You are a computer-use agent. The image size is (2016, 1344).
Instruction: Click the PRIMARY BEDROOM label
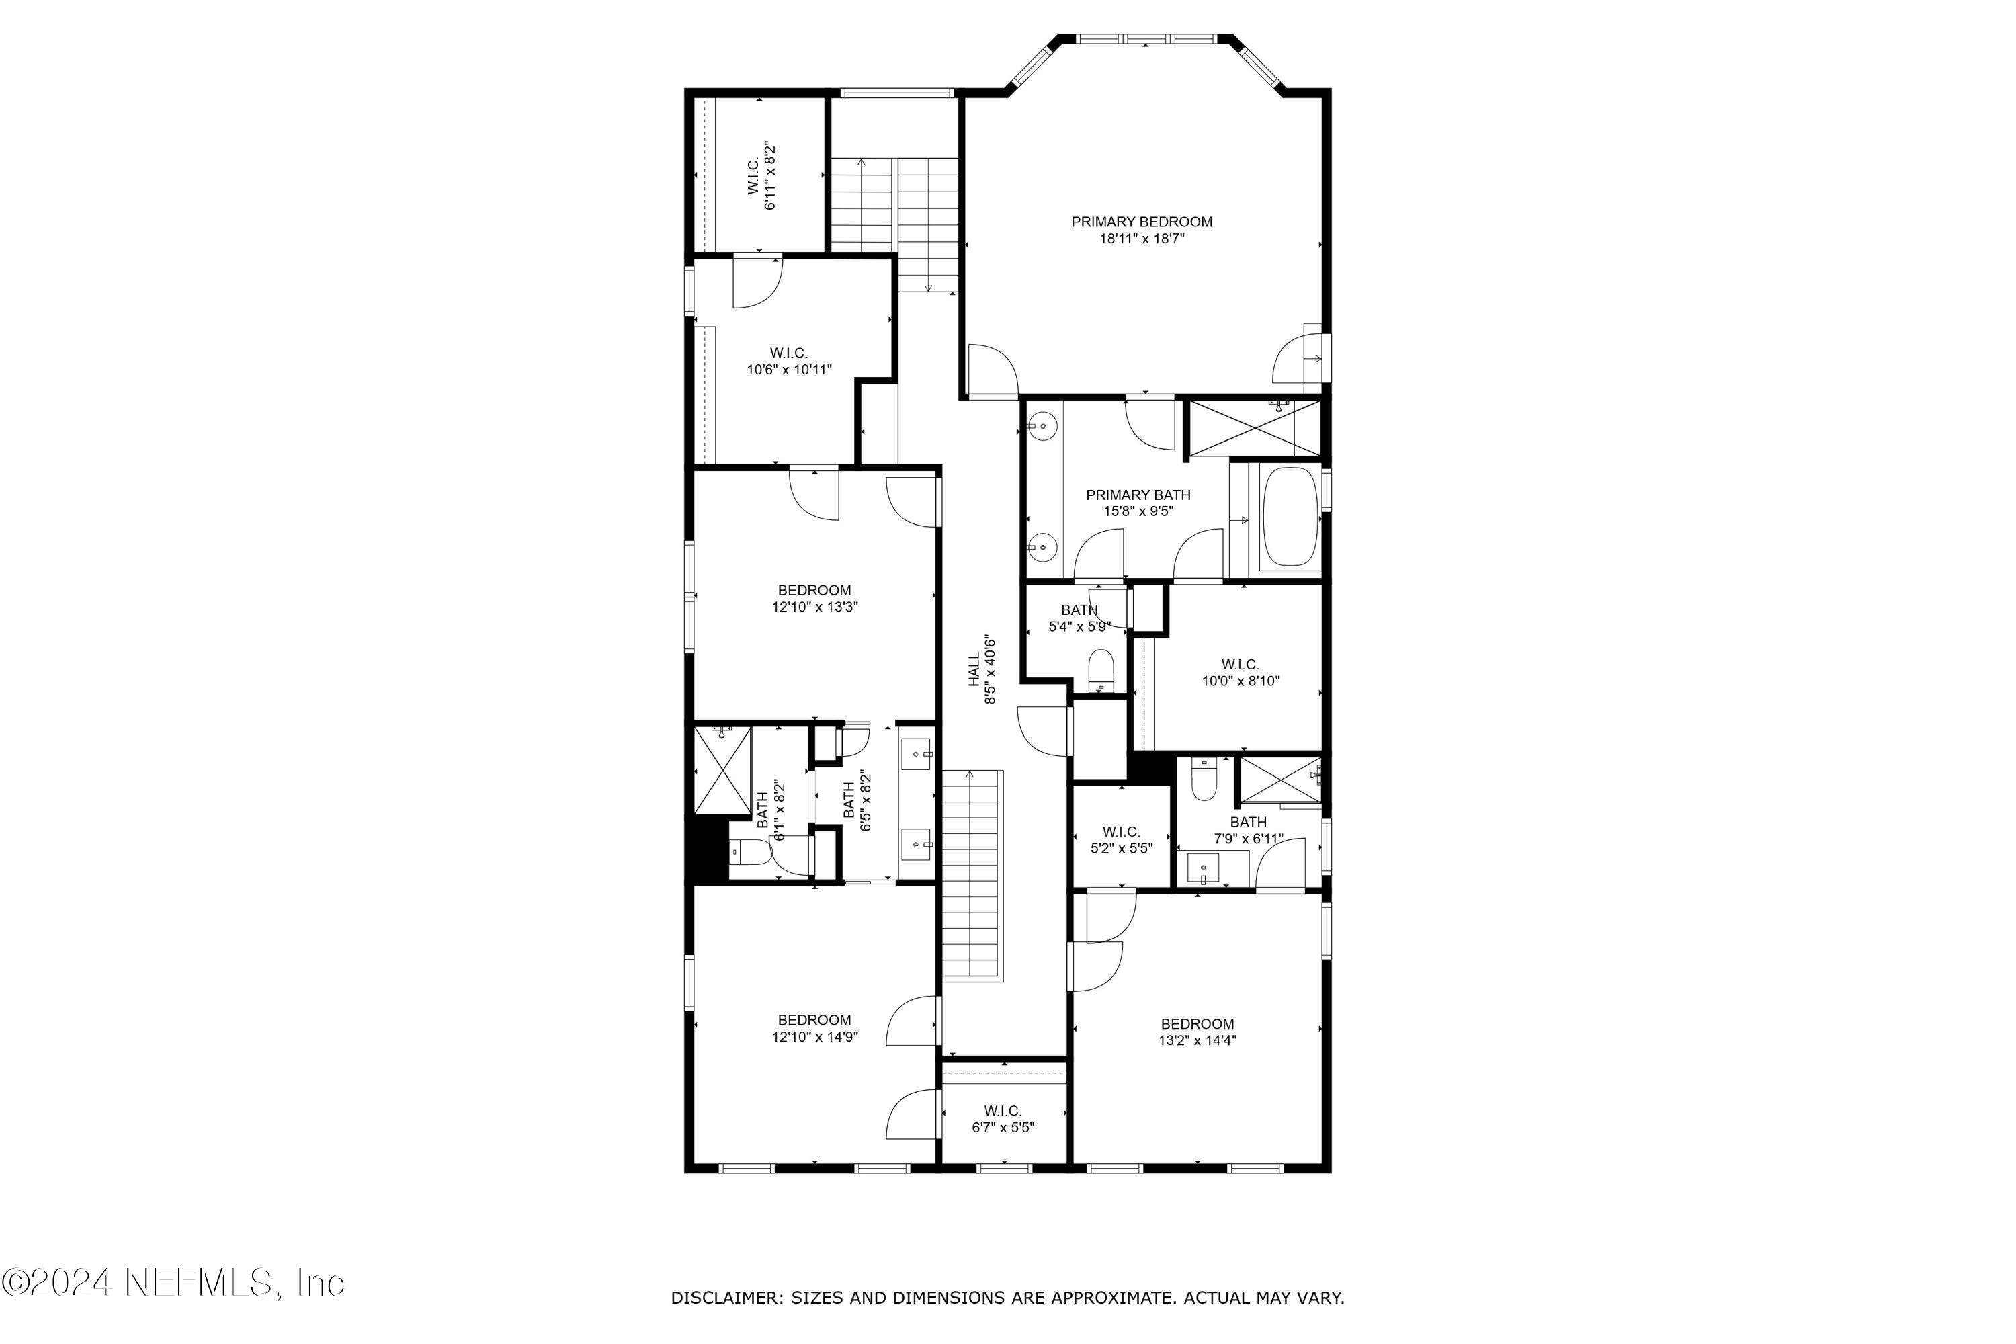click(1141, 222)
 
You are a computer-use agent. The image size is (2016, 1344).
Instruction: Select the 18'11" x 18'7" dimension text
click(1141, 239)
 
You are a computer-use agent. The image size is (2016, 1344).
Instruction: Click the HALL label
click(974, 669)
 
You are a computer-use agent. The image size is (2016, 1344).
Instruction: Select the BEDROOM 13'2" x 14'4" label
click(1197, 1032)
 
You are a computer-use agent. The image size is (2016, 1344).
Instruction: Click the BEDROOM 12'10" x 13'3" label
click(814, 598)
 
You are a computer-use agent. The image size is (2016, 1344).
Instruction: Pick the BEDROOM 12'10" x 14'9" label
click(814, 1027)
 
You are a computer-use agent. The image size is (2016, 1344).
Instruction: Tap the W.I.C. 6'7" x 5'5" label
click(1003, 1119)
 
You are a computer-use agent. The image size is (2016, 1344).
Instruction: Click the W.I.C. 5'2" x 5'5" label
click(1121, 839)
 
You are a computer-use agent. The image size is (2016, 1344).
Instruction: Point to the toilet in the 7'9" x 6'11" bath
click(1204, 781)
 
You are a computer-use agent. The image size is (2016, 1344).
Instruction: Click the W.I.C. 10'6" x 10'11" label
click(788, 361)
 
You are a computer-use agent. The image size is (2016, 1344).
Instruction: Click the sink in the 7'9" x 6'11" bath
click(1203, 868)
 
